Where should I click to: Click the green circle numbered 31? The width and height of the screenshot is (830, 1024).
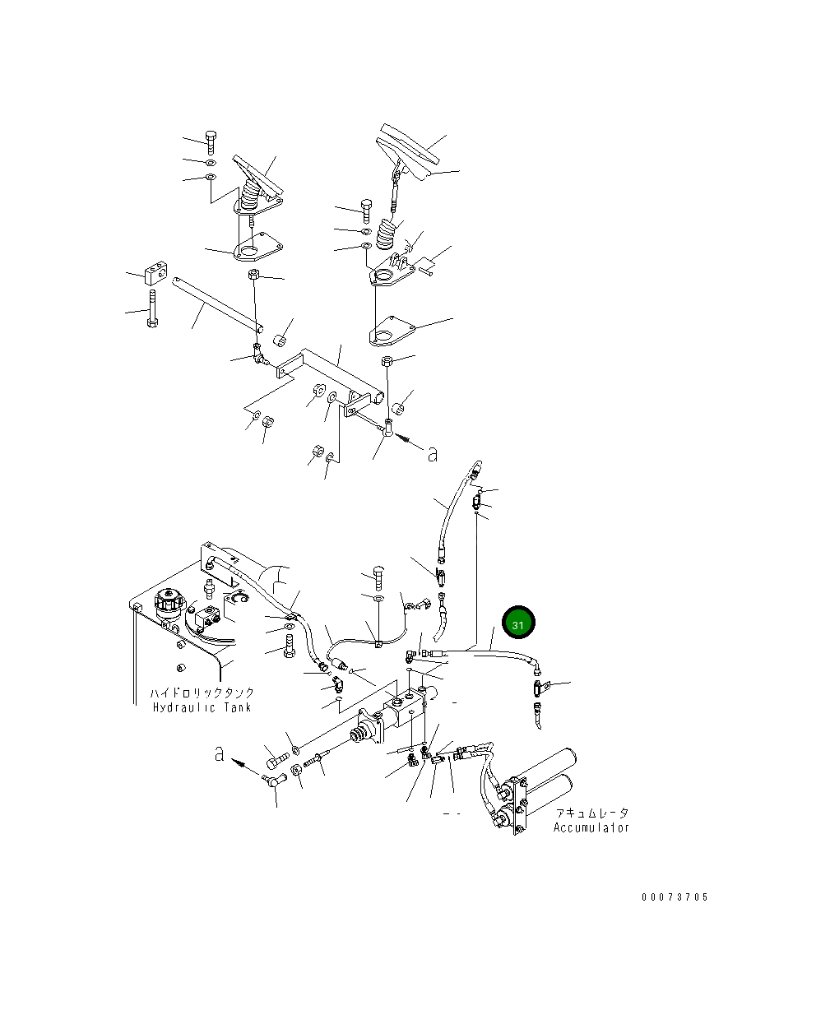[x=518, y=624]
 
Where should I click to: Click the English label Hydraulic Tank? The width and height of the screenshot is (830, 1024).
[x=202, y=707]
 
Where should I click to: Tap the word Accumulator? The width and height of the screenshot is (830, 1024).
[x=591, y=827]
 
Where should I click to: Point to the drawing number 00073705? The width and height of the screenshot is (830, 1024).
[x=674, y=897]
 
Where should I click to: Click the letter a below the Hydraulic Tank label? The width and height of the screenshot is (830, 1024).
[x=220, y=753]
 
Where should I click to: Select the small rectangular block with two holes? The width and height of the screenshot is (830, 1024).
[x=155, y=271]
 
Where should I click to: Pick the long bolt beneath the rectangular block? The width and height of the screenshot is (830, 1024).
[x=151, y=309]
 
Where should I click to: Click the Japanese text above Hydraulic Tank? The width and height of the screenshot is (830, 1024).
[x=202, y=693]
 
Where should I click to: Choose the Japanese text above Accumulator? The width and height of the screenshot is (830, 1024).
[x=591, y=813]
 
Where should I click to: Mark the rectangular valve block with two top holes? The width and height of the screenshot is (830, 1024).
[x=410, y=704]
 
